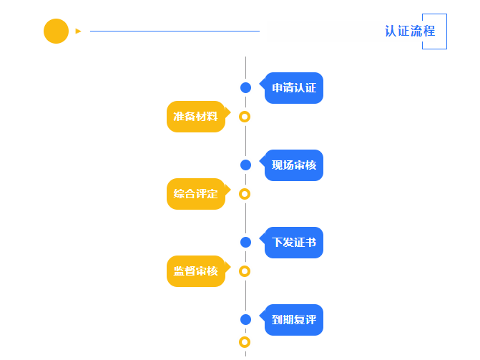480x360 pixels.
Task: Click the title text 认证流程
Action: click(410, 31)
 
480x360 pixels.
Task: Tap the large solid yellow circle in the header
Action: click(56, 31)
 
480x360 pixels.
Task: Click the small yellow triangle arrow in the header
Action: click(78, 31)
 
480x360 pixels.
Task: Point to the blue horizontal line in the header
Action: click(175, 31)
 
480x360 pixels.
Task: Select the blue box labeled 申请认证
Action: click(293, 88)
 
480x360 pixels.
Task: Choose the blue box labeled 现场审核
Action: click(293, 165)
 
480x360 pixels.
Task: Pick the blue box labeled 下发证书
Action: click(293, 243)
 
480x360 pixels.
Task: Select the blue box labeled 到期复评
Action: click(293, 319)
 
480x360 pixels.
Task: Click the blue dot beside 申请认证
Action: click(245, 87)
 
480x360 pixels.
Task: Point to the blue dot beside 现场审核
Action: click(245, 165)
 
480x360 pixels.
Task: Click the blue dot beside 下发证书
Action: click(245, 242)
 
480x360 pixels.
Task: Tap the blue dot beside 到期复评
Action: click(245, 319)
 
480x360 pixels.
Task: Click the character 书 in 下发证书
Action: click(310, 243)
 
